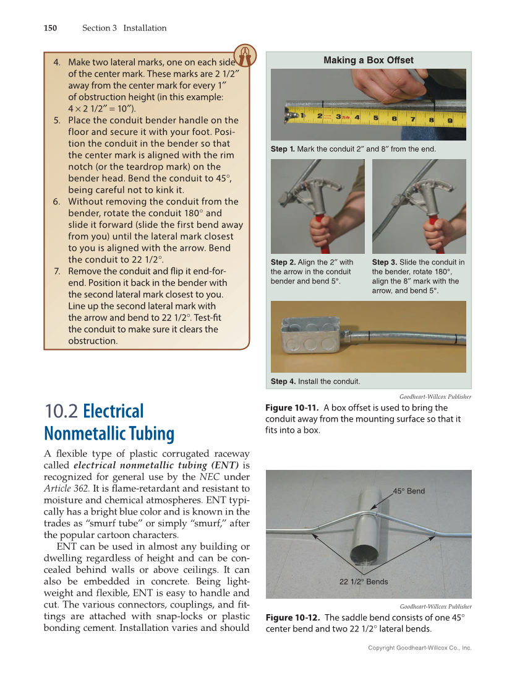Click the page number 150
point(50,28)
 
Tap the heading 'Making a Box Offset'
point(369,60)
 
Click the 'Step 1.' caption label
point(283,149)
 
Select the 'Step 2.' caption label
point(283,263)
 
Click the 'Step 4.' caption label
point(283,381)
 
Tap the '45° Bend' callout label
point(409,491)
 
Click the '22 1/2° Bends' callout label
point(364,581)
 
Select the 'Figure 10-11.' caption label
point(291,408)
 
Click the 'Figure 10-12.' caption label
point(292,618)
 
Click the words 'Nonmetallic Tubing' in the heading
point(109,433)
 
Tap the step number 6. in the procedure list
point(57,201)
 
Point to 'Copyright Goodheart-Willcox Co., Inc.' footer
point(419,648)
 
